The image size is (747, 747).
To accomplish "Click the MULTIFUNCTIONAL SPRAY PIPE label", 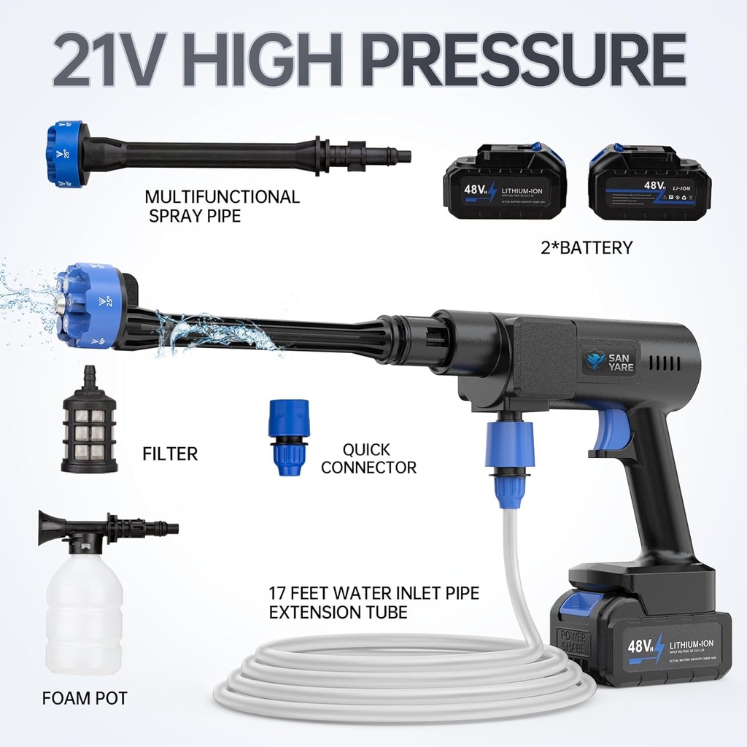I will (x=222, y=206).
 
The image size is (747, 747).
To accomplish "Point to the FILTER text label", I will (x=169, y=454).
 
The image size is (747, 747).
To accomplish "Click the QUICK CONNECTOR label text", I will (x=368, y=459).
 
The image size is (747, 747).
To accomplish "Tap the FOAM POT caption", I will (x=85, y=698).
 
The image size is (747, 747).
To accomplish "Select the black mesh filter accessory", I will (x=89, y=423).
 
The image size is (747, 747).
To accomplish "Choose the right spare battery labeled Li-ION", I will (x=648, y=182).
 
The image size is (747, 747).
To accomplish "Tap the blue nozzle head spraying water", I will (x=88, y=306).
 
